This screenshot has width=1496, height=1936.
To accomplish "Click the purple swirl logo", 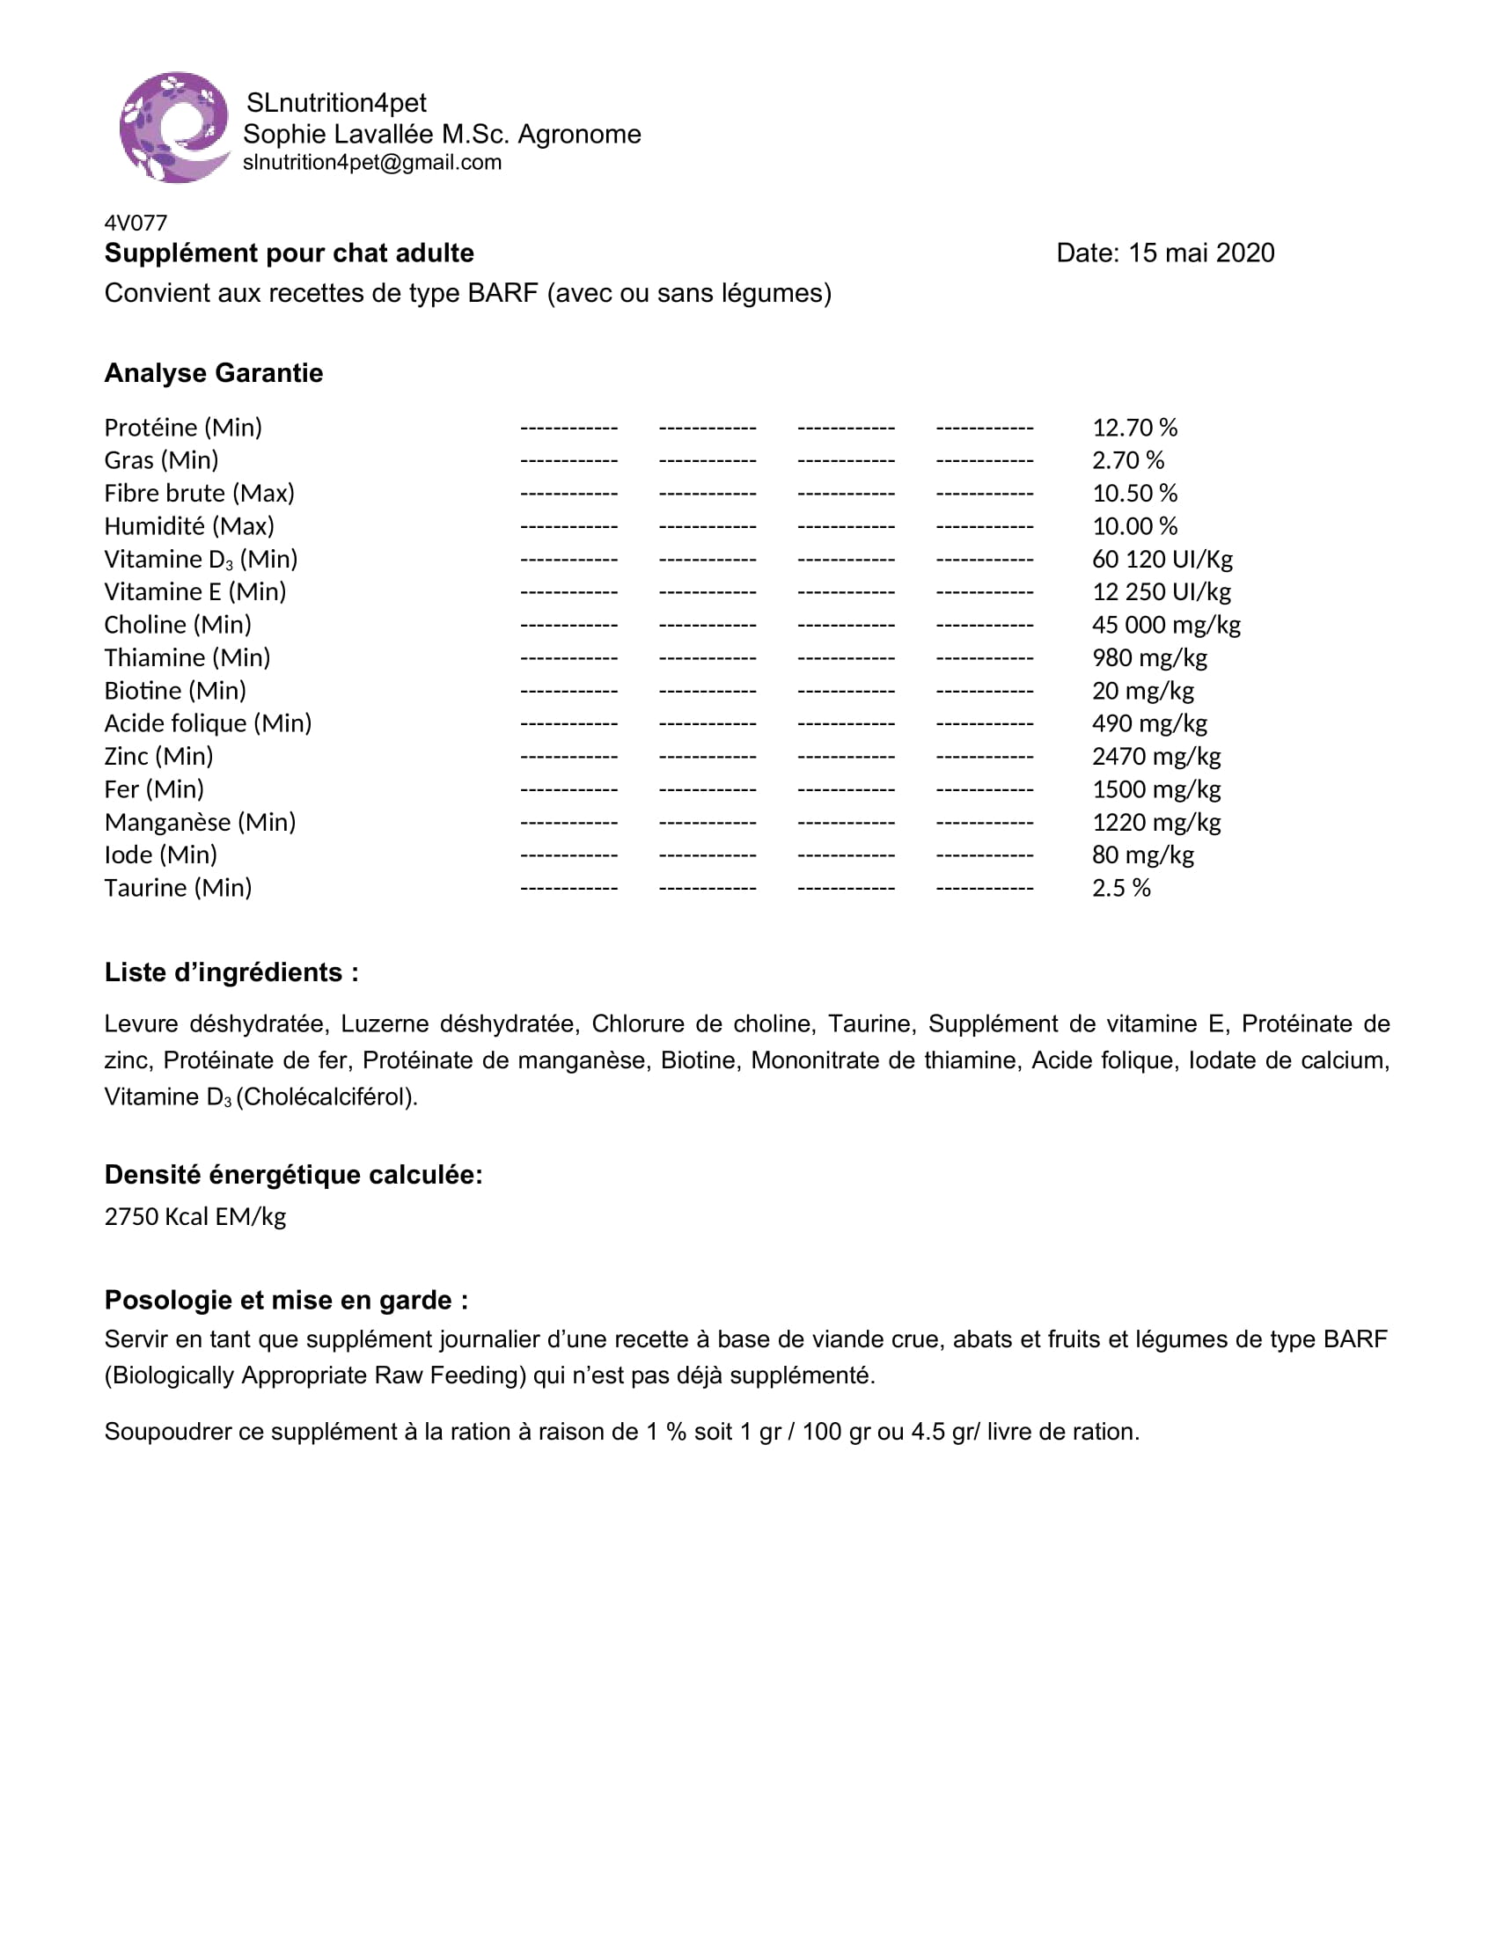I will tap(174, 128).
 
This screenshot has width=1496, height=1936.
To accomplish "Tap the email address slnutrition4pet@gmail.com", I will tap(372, 162).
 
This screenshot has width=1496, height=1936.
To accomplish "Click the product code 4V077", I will tap(136, 223).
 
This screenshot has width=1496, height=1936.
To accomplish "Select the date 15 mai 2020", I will tap(1201, 253).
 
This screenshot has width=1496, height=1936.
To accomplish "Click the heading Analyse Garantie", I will tap(214, 373).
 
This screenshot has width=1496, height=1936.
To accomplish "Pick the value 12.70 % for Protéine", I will tap(1134, 429).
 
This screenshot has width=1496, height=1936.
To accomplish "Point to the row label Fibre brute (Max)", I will tap(200, 493).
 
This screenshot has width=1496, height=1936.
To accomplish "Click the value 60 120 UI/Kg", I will tap(1162, 560).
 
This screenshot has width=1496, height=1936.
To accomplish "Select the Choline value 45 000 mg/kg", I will tap(1165, 625).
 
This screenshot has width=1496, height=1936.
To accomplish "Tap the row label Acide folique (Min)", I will tap(209, 723).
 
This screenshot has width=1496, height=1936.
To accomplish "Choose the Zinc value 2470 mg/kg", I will tap(1155, 756).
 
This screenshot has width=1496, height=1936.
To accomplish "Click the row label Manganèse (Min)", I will tap(201, 823).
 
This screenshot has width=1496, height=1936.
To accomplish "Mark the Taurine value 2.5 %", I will tap(1121, 888).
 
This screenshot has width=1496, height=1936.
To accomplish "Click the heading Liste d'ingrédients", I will tap(231, 972).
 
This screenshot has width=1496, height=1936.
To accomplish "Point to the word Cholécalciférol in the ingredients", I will tap(326, 1097).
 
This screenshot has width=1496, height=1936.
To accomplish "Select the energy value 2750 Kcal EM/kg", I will tap(195, 1216).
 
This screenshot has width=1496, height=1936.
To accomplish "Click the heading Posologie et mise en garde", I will tap(286, 1301).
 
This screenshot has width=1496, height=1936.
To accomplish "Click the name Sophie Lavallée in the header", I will tap(338, 135).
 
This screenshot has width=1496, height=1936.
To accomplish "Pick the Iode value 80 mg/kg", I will tap(1142, 855).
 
